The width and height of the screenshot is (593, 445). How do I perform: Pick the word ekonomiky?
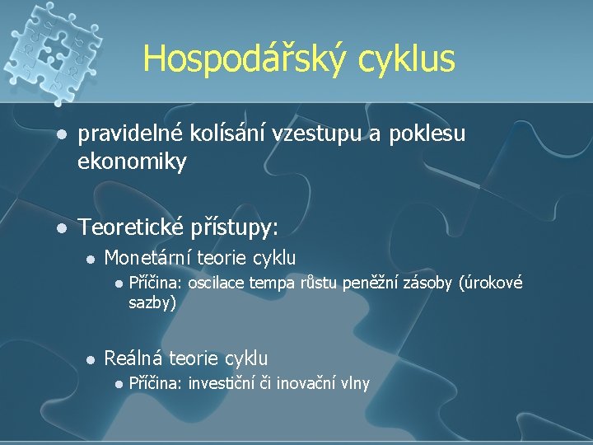(132, 162)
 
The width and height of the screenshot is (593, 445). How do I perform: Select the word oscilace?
(217, 284)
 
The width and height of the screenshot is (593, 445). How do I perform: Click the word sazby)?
(152, 302)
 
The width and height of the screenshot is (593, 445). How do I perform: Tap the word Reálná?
(133, 358)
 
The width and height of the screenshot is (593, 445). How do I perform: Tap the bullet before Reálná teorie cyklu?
(92, 358)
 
